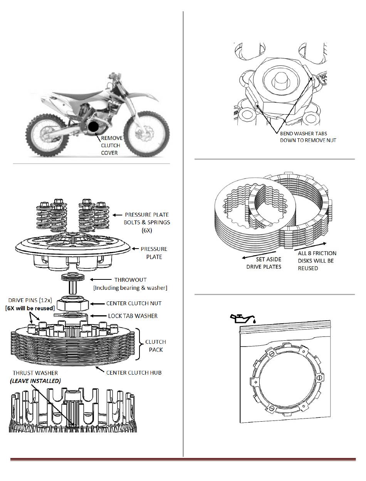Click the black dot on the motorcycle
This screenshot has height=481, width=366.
point(94,127)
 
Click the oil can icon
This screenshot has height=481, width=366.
point(241,318)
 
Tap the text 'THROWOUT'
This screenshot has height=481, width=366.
point(130,280)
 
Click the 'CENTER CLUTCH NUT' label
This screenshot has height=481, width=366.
point(134,303)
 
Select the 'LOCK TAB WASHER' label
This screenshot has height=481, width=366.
point(133,316)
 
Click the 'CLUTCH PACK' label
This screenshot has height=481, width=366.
point(155,346)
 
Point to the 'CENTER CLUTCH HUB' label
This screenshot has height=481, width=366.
point(133,372)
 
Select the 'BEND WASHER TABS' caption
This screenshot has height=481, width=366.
point(304,133)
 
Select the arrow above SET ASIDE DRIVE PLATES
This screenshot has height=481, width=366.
point(255,255)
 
